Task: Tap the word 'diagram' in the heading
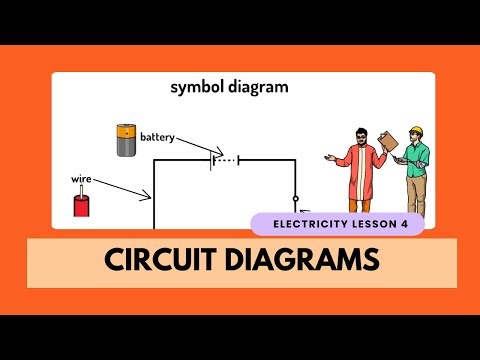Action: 259,88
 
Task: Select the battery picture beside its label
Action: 126,140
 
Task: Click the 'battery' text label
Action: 157,136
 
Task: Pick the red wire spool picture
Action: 81,205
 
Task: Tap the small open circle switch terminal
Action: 296,198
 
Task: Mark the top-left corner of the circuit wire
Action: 153,160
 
